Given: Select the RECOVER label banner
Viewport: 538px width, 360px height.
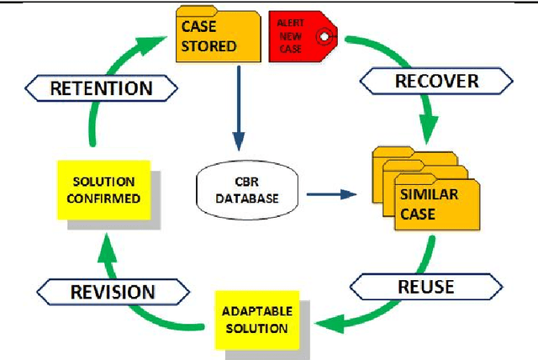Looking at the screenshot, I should [436, 81].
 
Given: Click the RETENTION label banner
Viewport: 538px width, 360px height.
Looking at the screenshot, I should [101, 87].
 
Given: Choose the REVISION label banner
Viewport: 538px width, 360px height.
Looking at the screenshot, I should [113, 292].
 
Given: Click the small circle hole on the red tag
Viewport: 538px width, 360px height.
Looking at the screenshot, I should [323, 39].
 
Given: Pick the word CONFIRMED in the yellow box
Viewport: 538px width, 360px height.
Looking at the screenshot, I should [103, 198].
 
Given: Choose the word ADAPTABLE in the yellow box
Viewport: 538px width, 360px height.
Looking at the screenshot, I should [256, 311].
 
